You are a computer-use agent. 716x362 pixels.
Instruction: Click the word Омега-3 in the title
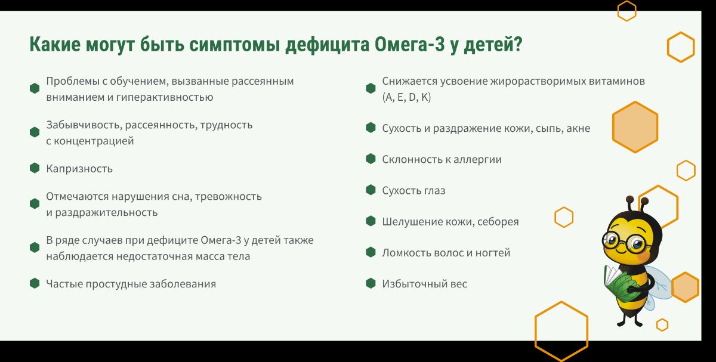pos(409,44)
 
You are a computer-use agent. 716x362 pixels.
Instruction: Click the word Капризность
pos(79,169)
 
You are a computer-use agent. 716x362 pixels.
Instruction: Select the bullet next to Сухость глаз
pos(371,190)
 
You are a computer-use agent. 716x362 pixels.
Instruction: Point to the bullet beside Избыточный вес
pos(371,283)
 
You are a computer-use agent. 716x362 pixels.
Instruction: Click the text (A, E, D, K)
pos(406,97)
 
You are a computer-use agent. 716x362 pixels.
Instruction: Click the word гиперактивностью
pos(165,97)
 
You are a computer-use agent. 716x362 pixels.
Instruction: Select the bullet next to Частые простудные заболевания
pos(35,283)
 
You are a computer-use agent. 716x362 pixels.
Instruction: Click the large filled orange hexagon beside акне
pos(635,127)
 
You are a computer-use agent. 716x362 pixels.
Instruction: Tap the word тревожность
pos(228,196)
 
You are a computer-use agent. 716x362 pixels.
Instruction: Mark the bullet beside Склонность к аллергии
pos(371,159)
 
